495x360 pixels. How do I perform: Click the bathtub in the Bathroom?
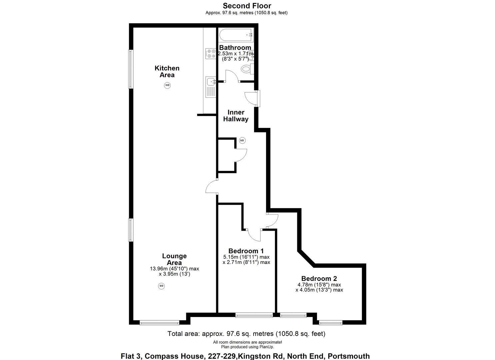[x=236, y=35]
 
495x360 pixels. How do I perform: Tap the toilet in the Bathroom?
[x=247, y=69]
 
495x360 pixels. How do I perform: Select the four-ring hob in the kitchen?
[x=210, y=53]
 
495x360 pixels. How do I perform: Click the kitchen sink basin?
[x=211, y=81]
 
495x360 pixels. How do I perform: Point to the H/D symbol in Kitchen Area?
[x=167, y=85]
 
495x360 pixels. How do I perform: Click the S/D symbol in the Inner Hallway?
[x=242, y=140]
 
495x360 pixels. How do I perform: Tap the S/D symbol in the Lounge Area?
[x=161, y=286]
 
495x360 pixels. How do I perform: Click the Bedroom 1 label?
[x=246, y=251]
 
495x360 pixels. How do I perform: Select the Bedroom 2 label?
[x=319, y=278]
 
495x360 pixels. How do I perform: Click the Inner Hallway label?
[x=236, y=116]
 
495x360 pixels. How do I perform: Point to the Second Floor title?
[x=247, y=6]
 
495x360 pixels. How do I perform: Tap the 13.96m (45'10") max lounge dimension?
[x=175, y=269]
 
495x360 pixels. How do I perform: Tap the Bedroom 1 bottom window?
[x=254, y=315]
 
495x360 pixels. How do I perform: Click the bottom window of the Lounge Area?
[x=160, y=323]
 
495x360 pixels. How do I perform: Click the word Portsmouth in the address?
[x=349, y=356]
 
